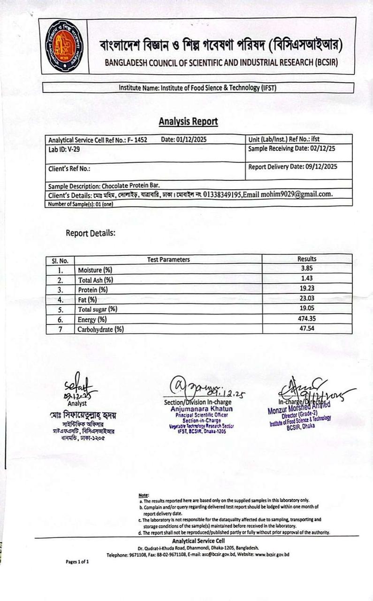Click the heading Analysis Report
pos(188,122)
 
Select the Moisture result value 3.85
pos(306,269)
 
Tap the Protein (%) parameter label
pos(93,290)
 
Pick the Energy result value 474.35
pos(306,318)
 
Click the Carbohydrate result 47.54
pos(306,328)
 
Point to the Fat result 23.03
pos(306,299)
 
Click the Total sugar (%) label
pos(98,309)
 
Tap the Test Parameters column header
pos(168,259)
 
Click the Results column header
pos(307,259)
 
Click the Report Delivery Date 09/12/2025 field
pos(293,166)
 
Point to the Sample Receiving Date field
pos(292,148)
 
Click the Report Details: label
pos(90,233)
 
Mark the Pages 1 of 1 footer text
pos(77,562)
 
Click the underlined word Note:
pos(144,495)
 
